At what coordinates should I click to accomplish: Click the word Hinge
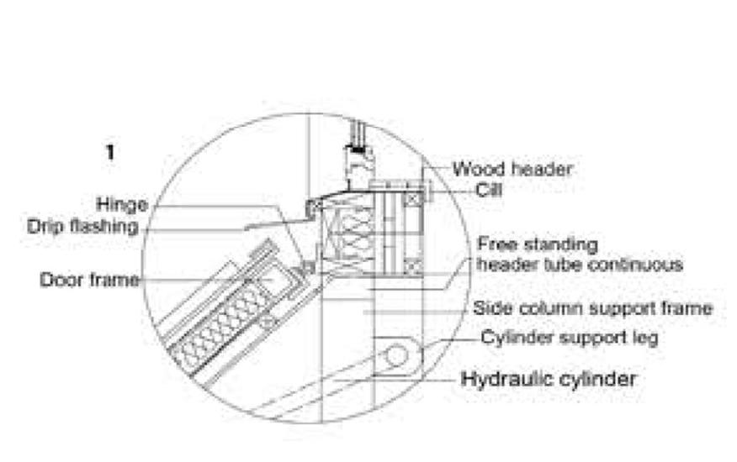121,204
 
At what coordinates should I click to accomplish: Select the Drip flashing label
82,227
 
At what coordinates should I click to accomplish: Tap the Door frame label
89,279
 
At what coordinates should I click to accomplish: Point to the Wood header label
512,169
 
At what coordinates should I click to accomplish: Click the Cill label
489,190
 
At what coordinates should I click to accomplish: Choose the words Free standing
538,244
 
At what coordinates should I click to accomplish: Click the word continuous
640,265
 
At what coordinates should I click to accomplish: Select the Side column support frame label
592,308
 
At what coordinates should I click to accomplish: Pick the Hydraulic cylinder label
549,379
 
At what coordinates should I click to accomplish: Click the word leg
645,339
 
